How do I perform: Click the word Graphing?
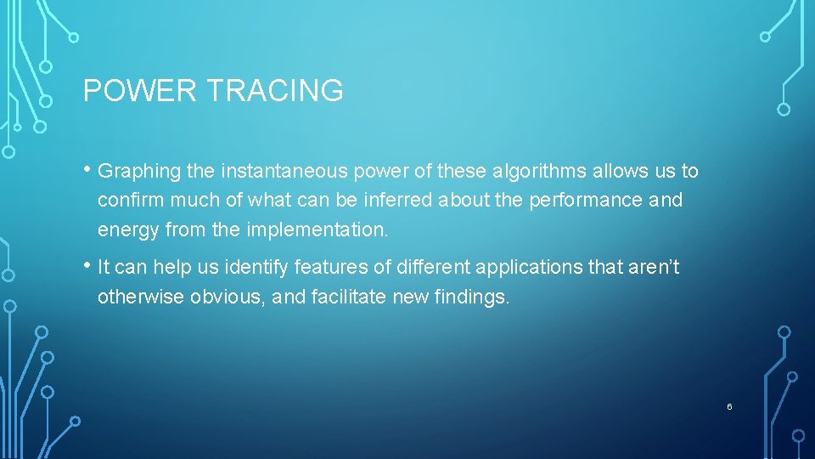click(x=139, y=172)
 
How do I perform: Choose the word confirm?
click(x=131, y=200)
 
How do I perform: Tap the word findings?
click(x=471, y=297)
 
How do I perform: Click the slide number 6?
click(x=729, y=407)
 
